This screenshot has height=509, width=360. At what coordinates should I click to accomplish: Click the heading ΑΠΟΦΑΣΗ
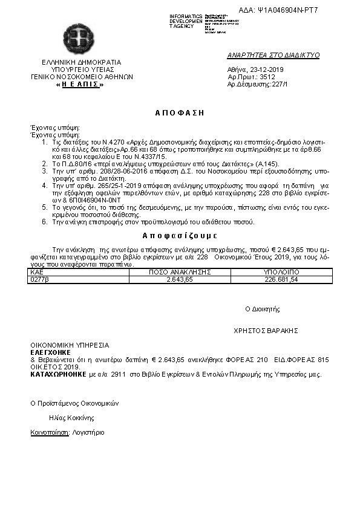pyautogui.click(x=180, y=112)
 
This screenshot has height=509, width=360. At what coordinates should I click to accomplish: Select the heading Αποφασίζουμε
pyautogui.click(x=180, y=235)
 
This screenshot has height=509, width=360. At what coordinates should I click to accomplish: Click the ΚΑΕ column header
pyautogui.click(x=36, y=273)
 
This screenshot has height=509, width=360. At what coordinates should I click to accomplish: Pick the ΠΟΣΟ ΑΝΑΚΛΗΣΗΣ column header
pyautogui.click(x=180, y=273)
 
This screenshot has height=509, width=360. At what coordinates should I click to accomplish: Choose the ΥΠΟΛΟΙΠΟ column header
pyautogui.click(x=281, y=273)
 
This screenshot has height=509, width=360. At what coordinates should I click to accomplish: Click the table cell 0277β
pyautogui.click(x=39, y=279)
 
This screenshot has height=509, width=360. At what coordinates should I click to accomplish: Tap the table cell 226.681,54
pyautogui.click(x=281, y=279)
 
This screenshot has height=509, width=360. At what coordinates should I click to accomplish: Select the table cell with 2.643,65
pyautogui.click(x=180, y=279)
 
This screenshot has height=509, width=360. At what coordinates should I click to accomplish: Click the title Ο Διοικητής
pyautogui.click(x=262, y=309)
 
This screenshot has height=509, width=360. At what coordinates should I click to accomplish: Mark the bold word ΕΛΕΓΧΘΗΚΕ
pyautogui.click(x=51, y=352)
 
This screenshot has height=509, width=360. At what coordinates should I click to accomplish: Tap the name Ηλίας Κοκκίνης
pyautogui.click(x=71, y=417)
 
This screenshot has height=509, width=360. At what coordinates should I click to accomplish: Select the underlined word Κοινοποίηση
pyautogui.click(x=49, y=433)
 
